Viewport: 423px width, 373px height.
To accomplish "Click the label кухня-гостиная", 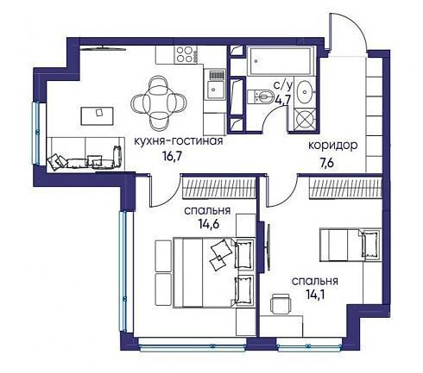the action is click(179, 141).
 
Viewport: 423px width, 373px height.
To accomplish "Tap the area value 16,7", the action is click(173, 156).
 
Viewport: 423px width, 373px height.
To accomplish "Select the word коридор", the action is click(333, 146).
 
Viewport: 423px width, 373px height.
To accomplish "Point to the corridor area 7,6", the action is click(326, 163).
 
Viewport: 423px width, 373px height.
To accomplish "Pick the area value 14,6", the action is click(209, 223).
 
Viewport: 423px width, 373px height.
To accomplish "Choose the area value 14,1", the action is click(315, 295).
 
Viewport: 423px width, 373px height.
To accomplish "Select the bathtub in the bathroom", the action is click(281, 61).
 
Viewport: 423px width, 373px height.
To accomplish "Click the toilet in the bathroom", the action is click(261, 96).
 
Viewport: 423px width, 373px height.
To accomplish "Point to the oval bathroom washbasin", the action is click(306, 92).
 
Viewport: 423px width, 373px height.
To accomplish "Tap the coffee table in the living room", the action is click(97, 116).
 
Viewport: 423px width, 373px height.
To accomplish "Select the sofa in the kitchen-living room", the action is click(85, 154).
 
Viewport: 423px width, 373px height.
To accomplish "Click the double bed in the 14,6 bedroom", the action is click(214, 272).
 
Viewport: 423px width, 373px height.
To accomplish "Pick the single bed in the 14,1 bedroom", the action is click(351, 245).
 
